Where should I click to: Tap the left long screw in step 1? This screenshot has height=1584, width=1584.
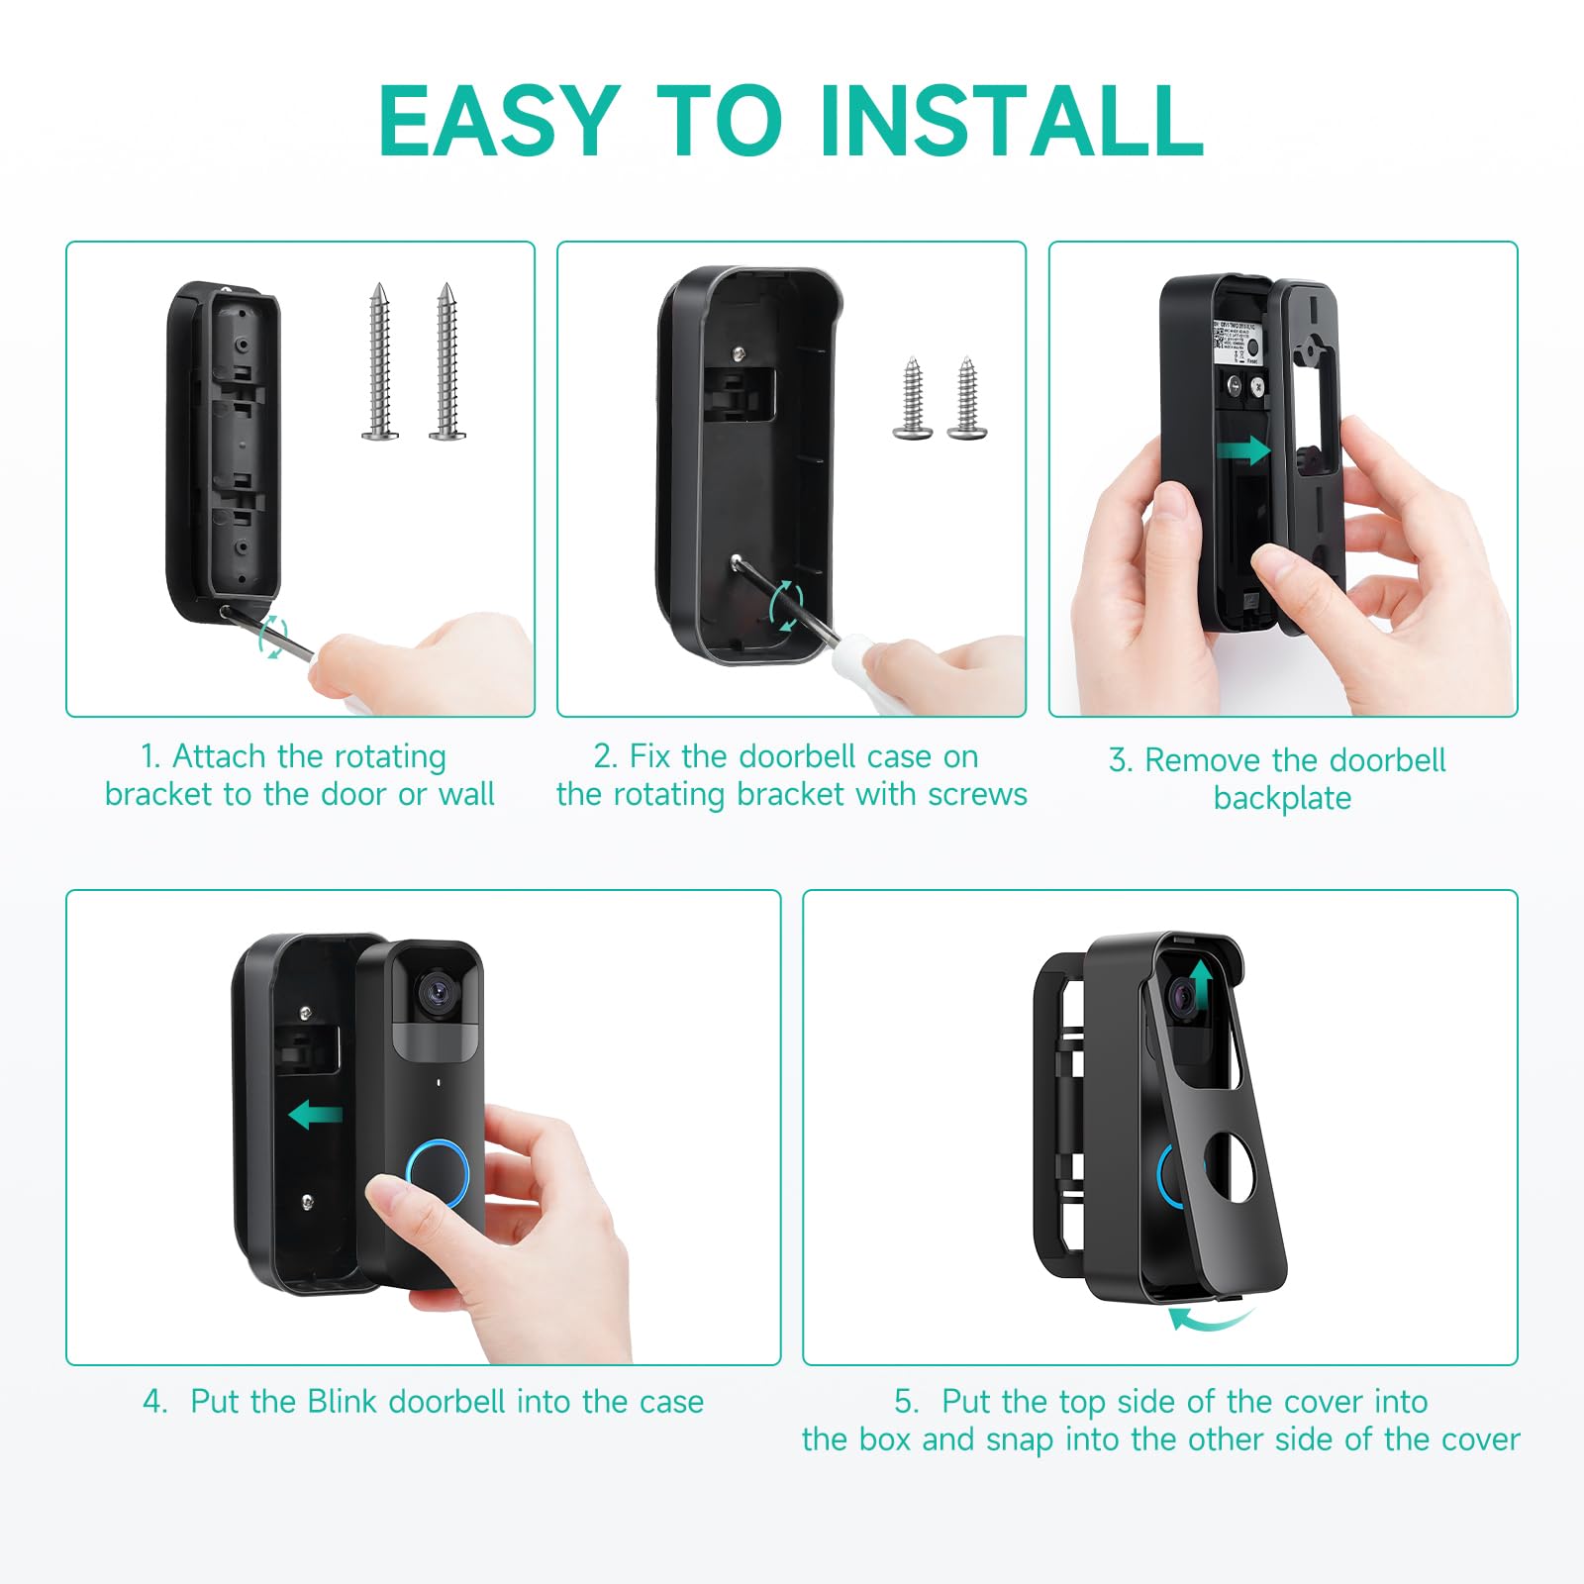[379, 361]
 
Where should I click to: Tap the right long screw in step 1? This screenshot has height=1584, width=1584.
[447, 361]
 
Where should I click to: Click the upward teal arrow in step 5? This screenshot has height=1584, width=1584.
[1201, 982]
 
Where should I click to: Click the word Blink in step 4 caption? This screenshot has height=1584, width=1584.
[342, 1401]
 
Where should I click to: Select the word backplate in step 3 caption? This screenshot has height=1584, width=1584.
[1282, 798]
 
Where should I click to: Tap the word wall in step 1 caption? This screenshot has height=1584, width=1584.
[465, 794]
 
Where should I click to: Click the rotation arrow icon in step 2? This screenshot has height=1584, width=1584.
[786, 606]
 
